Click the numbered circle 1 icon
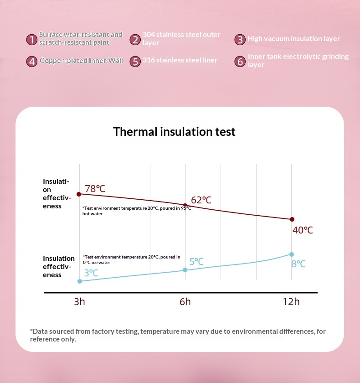[32, 40]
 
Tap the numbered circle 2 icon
[135, 40]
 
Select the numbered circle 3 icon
[240, 40]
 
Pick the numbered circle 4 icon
[32, 61]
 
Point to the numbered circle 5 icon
[135, 61]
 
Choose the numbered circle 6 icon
[240, 61]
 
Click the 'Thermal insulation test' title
[174, 132]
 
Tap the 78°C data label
[95, 189]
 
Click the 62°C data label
[201, 200]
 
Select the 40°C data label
[303, 230]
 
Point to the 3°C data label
[91, 273]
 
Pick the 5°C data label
[196, 262]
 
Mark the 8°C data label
[298, 264]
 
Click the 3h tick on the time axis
[80, 302]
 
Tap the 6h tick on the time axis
[185, 302]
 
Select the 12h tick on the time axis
[291, 302]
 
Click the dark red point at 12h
[292, 219]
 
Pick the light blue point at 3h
[80, 281]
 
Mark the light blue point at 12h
[292, 254]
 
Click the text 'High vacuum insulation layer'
[293, 39]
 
